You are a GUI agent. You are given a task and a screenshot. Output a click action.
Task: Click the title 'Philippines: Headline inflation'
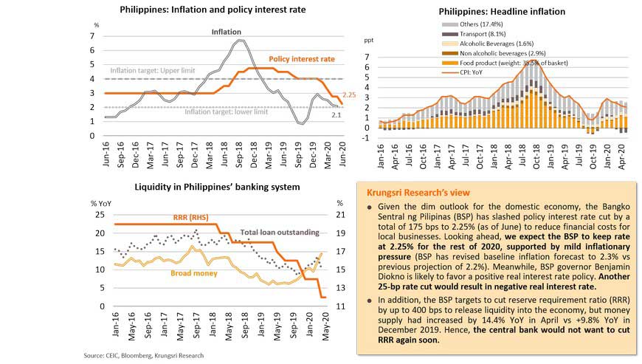pyautogui.click(x=502, y=12)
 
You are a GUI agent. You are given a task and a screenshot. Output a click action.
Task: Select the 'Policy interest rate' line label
pyautogui.click(x=302, y=58)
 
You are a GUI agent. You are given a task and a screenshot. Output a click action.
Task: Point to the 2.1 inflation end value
pyautogui.click(x=336, y=115)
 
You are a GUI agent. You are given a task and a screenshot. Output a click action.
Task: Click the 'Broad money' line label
pyautogui.click(x=193, y=273)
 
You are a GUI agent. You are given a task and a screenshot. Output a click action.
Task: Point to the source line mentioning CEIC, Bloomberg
pyautogui.click(x=143, y=356)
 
